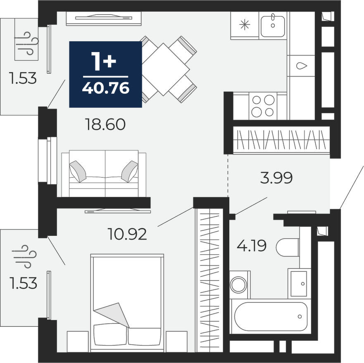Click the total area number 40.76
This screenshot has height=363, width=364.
106,88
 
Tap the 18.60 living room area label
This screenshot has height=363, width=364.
105,124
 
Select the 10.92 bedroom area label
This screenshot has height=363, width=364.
127,234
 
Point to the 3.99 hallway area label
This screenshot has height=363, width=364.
276,178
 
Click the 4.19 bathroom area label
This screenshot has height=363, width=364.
251,246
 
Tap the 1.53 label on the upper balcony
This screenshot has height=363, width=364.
23,78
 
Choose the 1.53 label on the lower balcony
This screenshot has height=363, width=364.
24,283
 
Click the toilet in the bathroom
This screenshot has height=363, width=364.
288,247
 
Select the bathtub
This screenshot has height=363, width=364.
271,316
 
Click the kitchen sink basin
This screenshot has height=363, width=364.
273,26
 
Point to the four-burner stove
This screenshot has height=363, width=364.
263,106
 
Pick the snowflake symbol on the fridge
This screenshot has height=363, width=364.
245,25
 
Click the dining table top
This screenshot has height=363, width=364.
164,69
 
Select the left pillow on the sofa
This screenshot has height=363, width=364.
78,171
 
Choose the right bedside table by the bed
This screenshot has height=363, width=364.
177,342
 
